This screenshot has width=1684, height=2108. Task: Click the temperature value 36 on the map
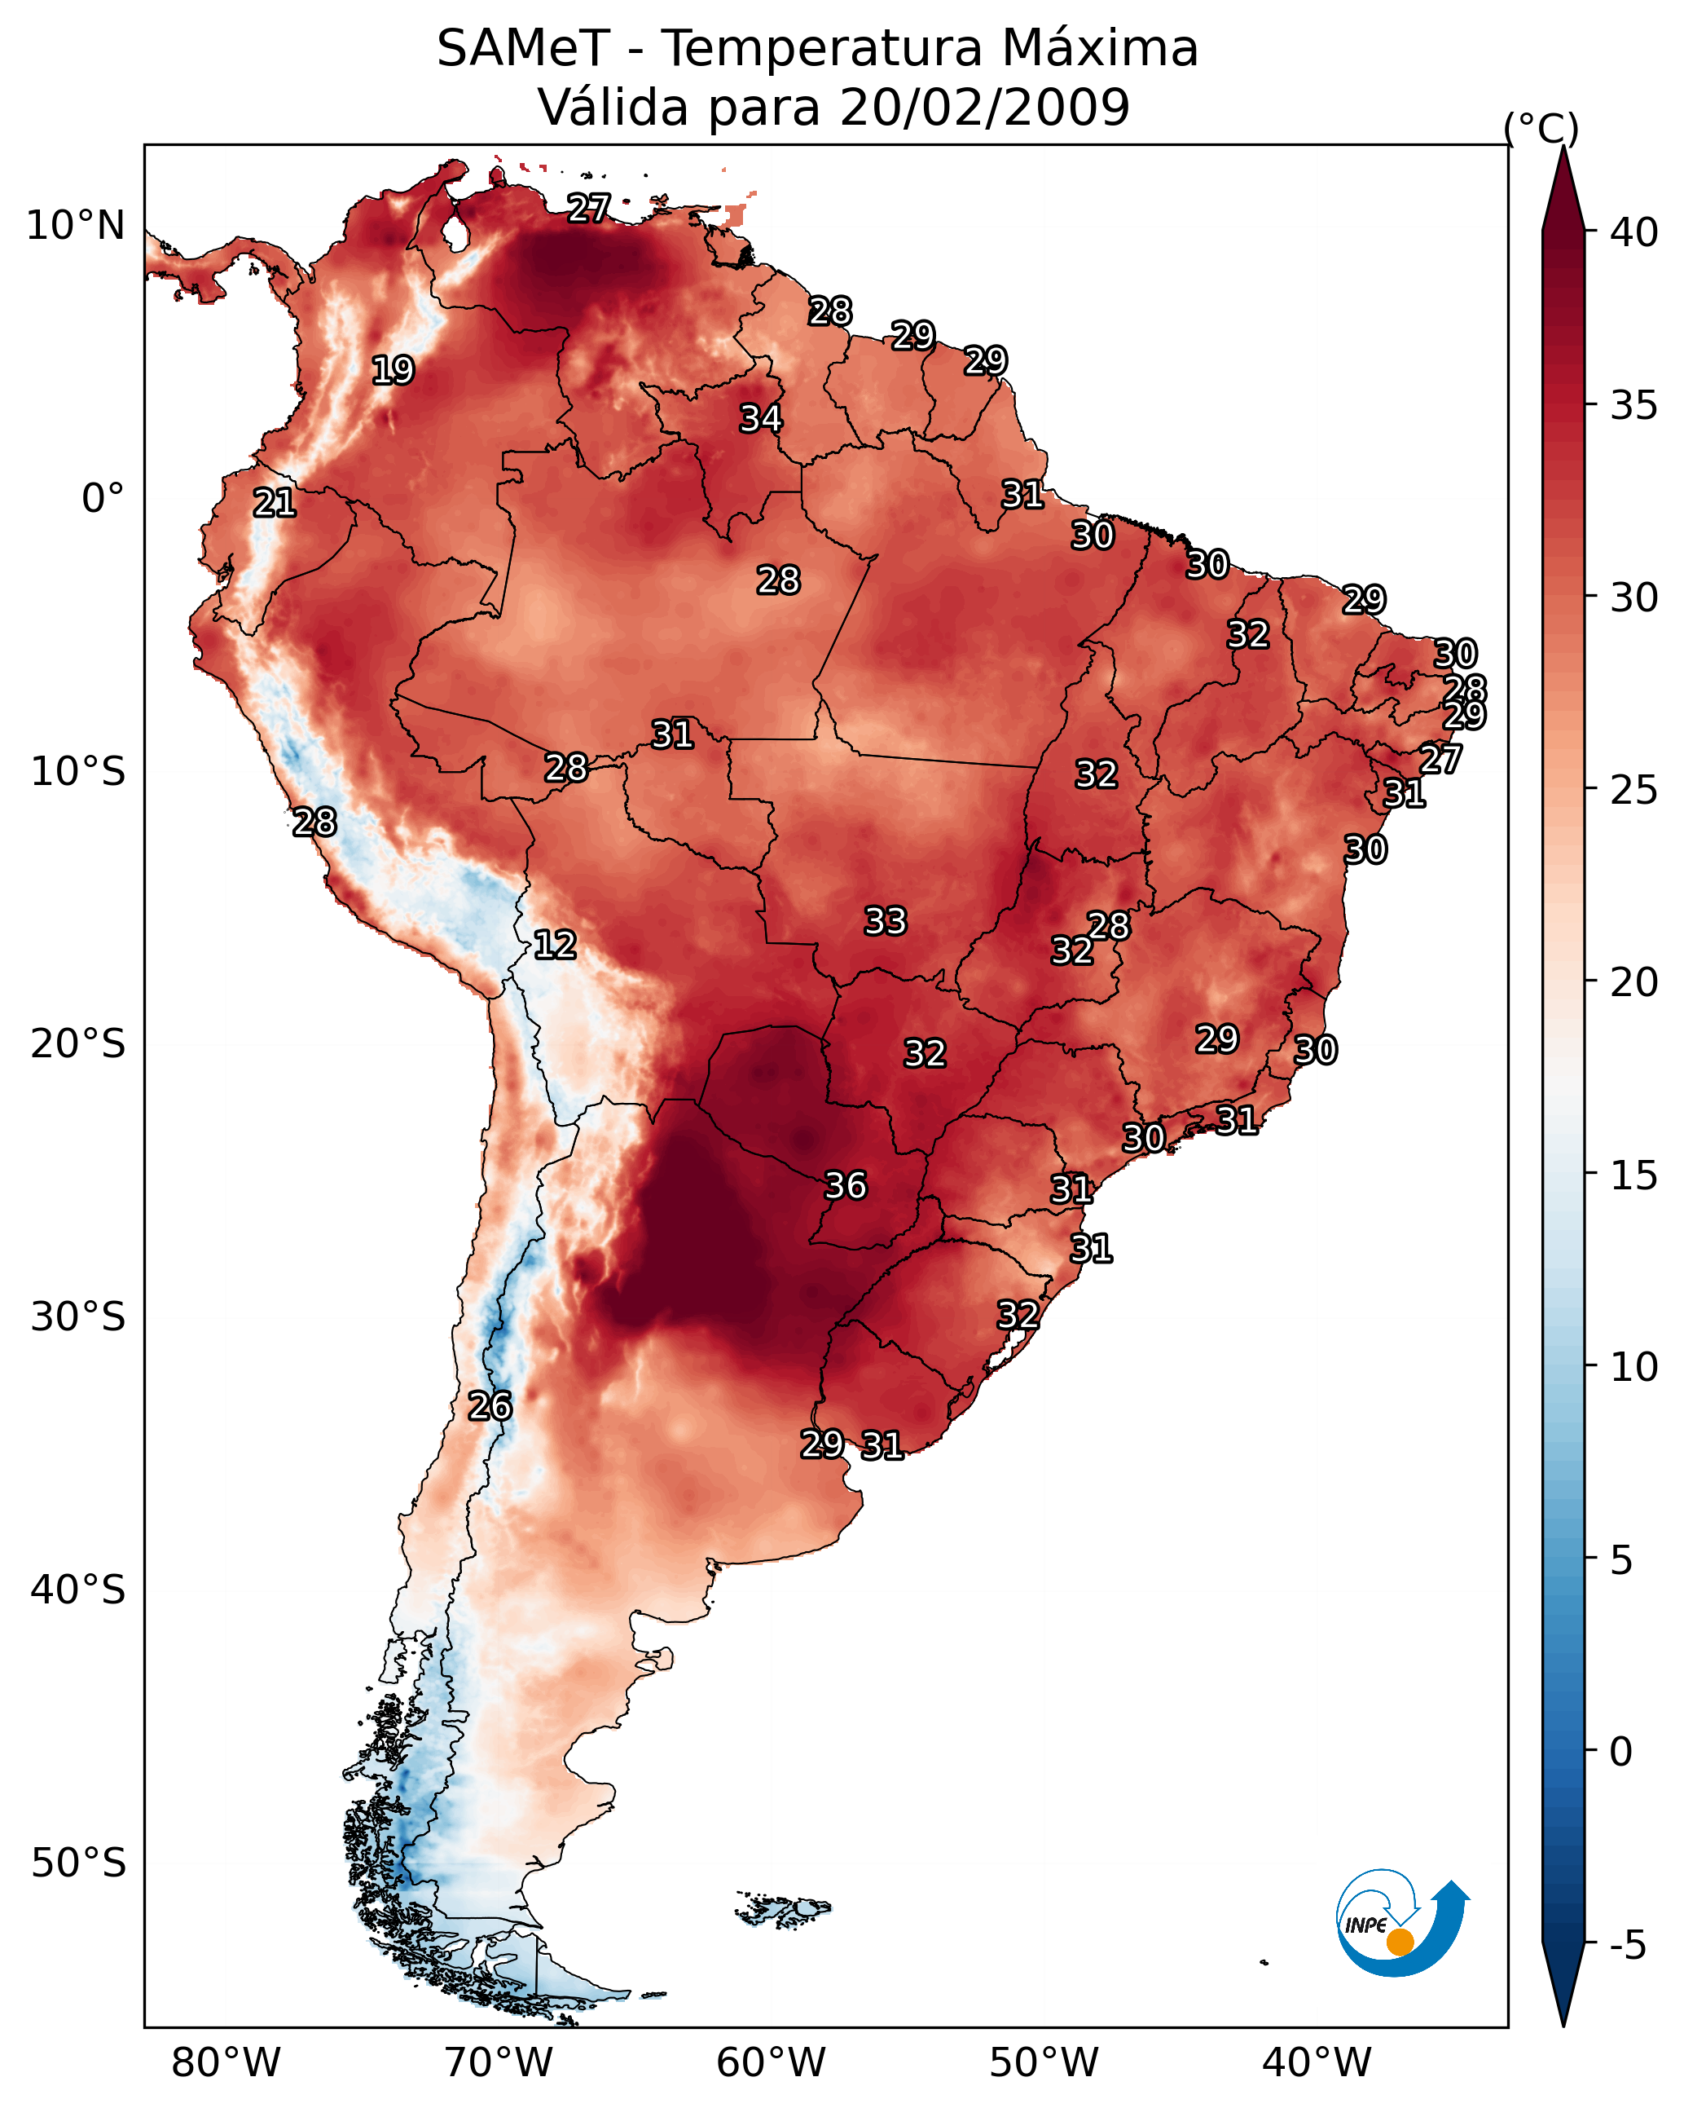coord(846,1186)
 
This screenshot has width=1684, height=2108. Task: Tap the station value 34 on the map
coord(760,418)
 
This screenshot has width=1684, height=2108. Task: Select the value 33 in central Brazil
coord(886,921)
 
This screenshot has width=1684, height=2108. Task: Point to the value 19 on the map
coord(393,371)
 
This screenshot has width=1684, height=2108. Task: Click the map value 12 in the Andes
coord(554,945)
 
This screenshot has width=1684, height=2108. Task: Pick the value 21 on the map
coord(275,504)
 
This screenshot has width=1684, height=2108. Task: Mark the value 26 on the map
coord(490,1406)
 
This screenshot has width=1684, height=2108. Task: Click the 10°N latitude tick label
coord(75,226)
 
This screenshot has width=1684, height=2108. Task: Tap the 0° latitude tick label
coord(103,499)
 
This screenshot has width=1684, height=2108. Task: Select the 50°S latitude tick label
coord(78,1863)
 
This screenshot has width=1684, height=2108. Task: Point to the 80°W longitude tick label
coord(226,2063)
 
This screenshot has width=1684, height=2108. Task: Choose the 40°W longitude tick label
coord(1317,2063)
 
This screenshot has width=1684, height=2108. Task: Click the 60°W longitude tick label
coord(772,2063)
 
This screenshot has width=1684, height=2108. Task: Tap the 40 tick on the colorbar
coord(1634,232)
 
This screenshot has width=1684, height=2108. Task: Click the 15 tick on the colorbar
coord(1634,1175)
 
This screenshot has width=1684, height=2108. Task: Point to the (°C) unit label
coord(1541,128)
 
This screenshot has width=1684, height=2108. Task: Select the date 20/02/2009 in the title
coord(984,108)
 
